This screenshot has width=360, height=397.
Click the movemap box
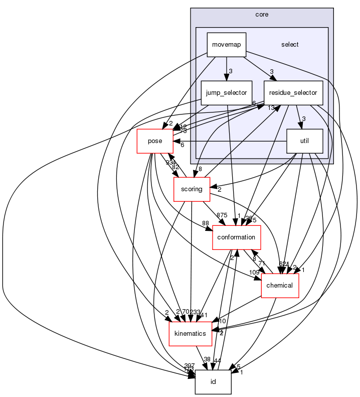coord(226,45)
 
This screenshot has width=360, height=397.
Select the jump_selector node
coord(226,93)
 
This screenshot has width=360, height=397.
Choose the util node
coord(304,142)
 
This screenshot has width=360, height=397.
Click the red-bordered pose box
coord(155,141)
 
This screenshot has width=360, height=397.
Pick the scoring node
coord(191,189)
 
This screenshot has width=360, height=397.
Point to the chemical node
coord(280,286)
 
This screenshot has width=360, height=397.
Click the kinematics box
coord(191,334)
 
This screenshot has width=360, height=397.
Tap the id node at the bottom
coord(213,382)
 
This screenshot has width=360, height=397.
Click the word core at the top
coord(262,15)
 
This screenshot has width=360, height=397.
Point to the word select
coord(290,45)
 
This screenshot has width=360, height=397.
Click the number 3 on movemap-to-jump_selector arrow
coord(230,71)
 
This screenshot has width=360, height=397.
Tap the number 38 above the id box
coord(207,359)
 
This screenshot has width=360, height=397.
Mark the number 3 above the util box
coord(303,119)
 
